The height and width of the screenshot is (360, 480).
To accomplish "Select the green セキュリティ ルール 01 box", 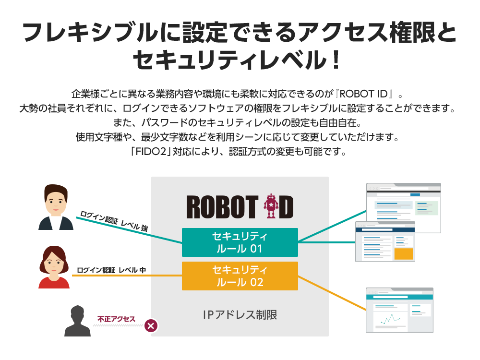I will pos(240,242).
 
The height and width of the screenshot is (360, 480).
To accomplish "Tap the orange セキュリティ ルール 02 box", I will pos(240,276).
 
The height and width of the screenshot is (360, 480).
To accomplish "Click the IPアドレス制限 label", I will pos(240,315).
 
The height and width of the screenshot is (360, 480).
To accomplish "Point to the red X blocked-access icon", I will pos(151,326).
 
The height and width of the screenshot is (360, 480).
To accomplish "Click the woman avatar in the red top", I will pos(54,267).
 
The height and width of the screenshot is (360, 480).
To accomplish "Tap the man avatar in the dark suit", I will pos(55,207).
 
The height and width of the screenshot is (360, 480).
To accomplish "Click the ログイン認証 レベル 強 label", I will pos(114,221).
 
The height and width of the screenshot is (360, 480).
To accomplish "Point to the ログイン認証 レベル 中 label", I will pos(111,270).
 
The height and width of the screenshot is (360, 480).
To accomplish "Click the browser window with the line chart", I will pos(399,310).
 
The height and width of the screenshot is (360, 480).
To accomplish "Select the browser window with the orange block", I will pos(385,241).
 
